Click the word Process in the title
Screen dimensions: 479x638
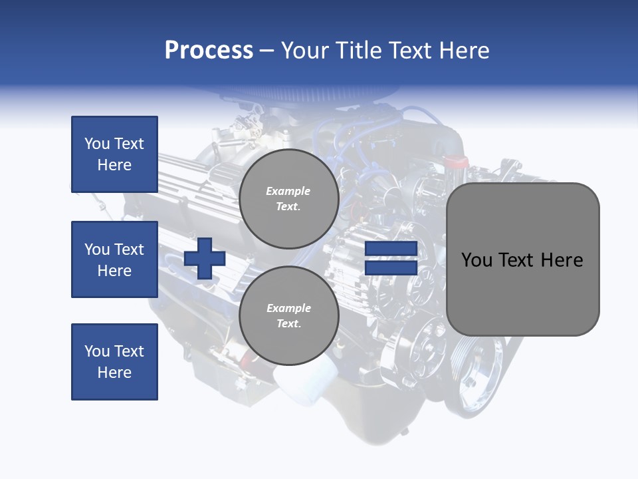(x=209, y=50)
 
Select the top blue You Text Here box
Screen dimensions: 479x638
(x=114, y=154)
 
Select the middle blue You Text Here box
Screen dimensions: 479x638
(x=114, y=259)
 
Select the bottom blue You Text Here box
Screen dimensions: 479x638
(x=114, y=362)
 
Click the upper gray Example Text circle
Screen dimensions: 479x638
(x=288, y=198)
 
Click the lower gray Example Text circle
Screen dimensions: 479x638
(x=288, y=315)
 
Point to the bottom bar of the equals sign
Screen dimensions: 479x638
(x=391, y=268)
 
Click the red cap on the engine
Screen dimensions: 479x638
(x=457, y=162)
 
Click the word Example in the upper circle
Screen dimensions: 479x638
(x=288, y=191)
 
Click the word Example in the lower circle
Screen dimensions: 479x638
(x=288, y=308)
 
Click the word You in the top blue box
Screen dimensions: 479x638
(x=96, y=144)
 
